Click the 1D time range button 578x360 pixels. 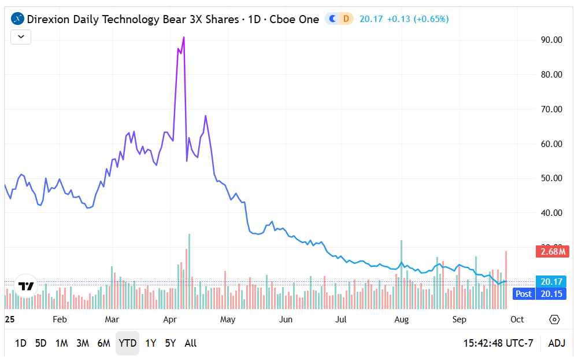click(x=20, y=343)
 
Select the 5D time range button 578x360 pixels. click(x=40, y=343)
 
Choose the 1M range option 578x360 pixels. click(x=61, y=343)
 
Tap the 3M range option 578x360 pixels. click(x=83, y=343)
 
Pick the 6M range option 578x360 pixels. click(x=103, y=343)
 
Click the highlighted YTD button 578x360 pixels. click(x=127, y=343)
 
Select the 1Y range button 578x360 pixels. click(x=150, y=343)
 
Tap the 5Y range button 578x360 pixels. click(x=170, y=343)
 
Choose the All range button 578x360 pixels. click(x=190, y=343)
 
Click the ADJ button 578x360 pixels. click(x=557, y=343)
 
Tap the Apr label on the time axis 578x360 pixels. click(x=170, y=319)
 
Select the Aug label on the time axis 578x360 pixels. click(x=401, y=319)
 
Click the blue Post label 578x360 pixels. click(x=524, y=294)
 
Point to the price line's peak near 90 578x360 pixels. click(x=184, y=38)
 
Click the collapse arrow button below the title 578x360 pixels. click(x=21, y=36)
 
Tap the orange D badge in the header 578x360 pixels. click(x=346, y=19)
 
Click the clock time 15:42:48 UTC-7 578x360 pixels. click(x=498, y=343)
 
